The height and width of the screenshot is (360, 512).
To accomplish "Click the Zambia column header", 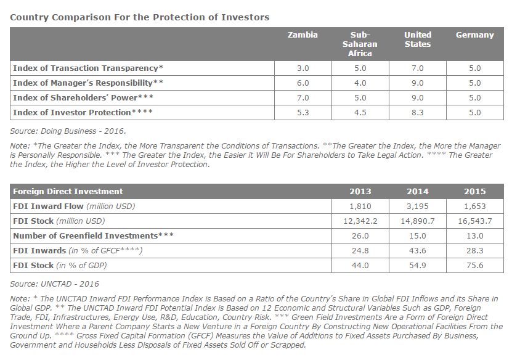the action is click(x=303, y=35).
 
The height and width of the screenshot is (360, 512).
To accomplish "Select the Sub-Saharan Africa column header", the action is click(x=360, y=44).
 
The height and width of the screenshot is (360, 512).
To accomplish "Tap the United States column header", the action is click(x=418, y=39).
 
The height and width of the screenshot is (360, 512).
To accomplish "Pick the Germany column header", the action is click(x=475, y=35).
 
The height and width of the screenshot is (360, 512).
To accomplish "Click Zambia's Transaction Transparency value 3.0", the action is click(x=303, y=68).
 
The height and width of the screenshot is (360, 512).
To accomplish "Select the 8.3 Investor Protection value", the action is click(x=418, y=113).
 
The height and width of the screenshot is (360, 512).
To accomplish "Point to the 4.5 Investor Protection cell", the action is click(x=360, y=113).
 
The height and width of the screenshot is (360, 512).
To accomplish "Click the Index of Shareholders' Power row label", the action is click(x=83, y=97).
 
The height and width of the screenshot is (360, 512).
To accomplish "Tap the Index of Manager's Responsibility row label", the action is click(x=88, y=83).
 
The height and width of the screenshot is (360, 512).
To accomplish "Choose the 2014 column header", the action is click(x=418, y=192).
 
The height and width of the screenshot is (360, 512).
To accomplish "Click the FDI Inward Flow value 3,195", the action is click(x=418, y=207).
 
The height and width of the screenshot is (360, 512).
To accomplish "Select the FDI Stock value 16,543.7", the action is click(x=475, y=221).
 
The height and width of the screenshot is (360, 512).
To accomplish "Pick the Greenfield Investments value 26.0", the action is click(x=360, y=236).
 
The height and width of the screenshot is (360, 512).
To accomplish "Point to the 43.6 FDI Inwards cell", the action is click(x=418, y=250).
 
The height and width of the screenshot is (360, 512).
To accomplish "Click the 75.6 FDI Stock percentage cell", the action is click(x=475, y=265).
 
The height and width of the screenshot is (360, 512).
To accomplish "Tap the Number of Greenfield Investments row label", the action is click(x=93, y=236).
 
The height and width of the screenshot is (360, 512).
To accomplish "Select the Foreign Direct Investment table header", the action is click(x=68, y=192).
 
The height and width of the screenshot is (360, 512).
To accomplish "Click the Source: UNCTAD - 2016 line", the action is click(x=54, y=284).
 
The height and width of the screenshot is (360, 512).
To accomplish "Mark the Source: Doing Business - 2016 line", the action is click(x=68, y=131).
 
